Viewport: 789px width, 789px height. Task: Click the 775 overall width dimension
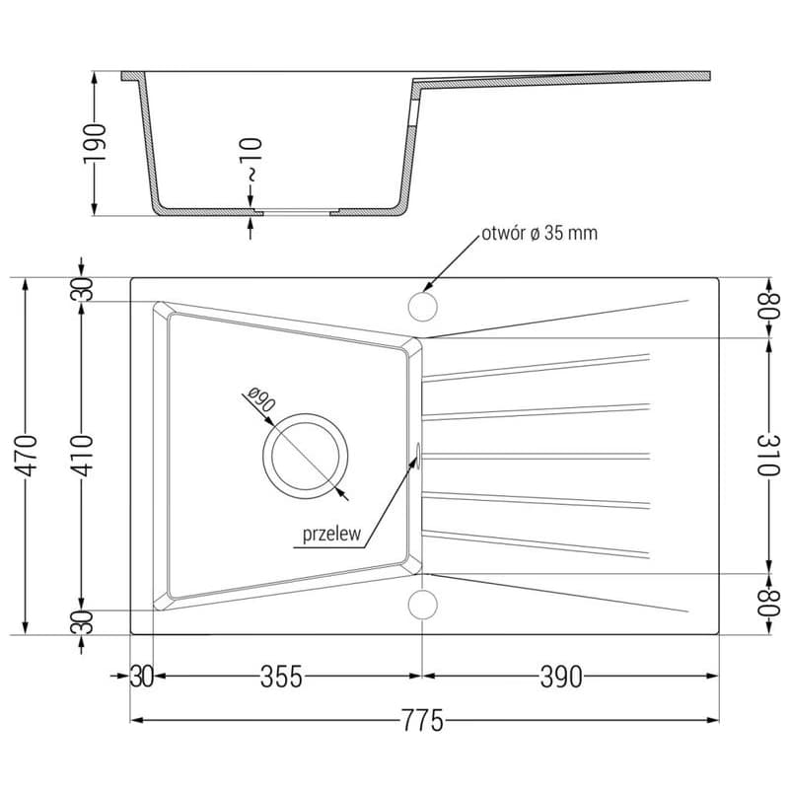point(422,720)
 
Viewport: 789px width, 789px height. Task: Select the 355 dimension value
point(281,677)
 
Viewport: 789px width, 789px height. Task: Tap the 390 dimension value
point(561,677)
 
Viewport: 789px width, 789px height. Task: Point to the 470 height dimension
point(27,456)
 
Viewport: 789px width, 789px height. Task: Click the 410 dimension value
point(82,456)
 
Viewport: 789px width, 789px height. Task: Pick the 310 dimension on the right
point(768,456)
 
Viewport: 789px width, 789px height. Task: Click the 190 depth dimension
point(95,143)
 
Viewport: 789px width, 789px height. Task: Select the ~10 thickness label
point(251,159)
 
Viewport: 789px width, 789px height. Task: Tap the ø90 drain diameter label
point(261,399)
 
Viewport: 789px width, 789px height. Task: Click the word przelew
point(331,535)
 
